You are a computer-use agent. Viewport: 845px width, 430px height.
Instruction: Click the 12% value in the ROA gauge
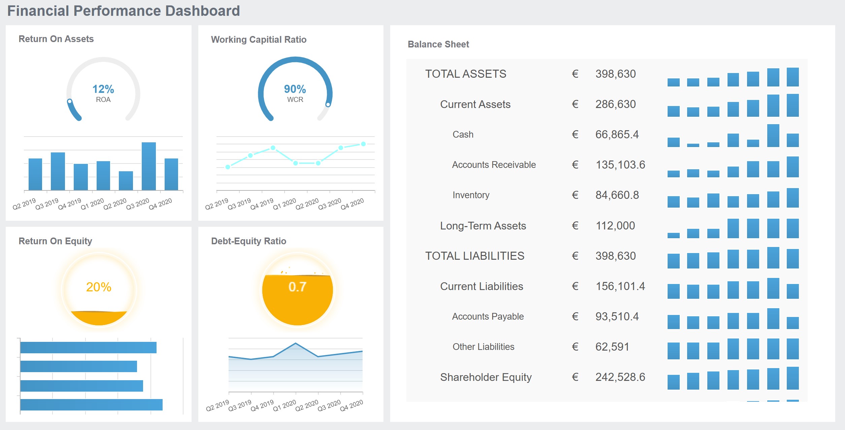tap(103, 89)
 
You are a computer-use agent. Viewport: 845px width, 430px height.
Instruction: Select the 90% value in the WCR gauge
tap(295, 89)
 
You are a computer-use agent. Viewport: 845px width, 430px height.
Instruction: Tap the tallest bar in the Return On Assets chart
tap(148, 166)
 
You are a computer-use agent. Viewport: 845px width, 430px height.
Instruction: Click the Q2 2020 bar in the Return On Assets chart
tap(126, 181)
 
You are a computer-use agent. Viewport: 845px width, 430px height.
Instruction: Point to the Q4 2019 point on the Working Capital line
tap(273, 148)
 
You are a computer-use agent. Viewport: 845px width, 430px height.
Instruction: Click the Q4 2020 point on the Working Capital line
tap(363, 144)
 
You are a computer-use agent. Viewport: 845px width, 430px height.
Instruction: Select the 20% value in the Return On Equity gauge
tap(99, 287)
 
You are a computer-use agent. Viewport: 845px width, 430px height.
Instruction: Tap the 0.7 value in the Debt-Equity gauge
tap(297, 287)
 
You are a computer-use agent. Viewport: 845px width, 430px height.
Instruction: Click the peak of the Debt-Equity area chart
tap(295, 344)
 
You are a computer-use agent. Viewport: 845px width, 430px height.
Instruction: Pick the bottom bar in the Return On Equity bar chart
tap(91, 405)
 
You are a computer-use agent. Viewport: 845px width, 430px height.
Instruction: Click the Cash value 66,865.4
tap(617, 135)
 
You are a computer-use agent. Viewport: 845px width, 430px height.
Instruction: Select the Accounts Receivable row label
tap(494, 165)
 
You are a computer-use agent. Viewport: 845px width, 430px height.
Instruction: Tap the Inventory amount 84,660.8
tap(617, 195)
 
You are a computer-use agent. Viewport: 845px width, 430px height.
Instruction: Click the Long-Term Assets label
tap(483, 226)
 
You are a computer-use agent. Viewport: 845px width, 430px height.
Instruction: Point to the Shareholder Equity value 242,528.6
tap(620, 377)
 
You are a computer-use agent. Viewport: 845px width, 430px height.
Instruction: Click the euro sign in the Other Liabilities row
tap(575, 347)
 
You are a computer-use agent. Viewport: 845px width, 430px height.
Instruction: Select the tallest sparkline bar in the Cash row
tap(773, 136)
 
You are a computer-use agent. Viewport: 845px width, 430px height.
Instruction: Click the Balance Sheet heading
tap(438, 44)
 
